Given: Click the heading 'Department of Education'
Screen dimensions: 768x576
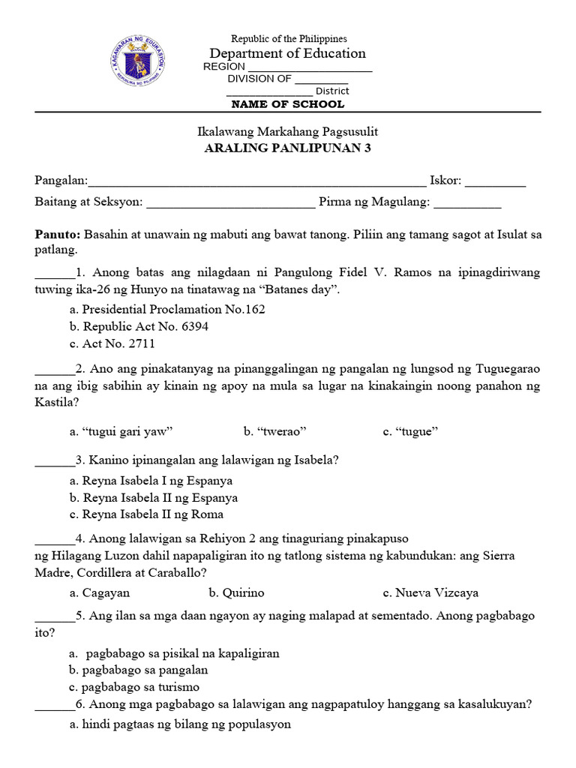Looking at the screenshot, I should (x=288, y=53).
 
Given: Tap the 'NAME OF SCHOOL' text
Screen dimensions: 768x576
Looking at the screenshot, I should (x=288, y=104).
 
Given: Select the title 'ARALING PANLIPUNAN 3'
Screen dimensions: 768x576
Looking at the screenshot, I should (x=288, y=148).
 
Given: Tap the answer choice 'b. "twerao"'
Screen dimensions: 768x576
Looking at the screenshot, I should (x=274, y=431).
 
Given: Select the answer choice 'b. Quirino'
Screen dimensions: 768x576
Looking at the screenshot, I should (x=237, y=592).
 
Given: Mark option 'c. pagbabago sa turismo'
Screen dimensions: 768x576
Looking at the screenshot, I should (x=133, y=687).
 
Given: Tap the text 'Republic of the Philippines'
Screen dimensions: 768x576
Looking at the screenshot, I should (x=289, y=38).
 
